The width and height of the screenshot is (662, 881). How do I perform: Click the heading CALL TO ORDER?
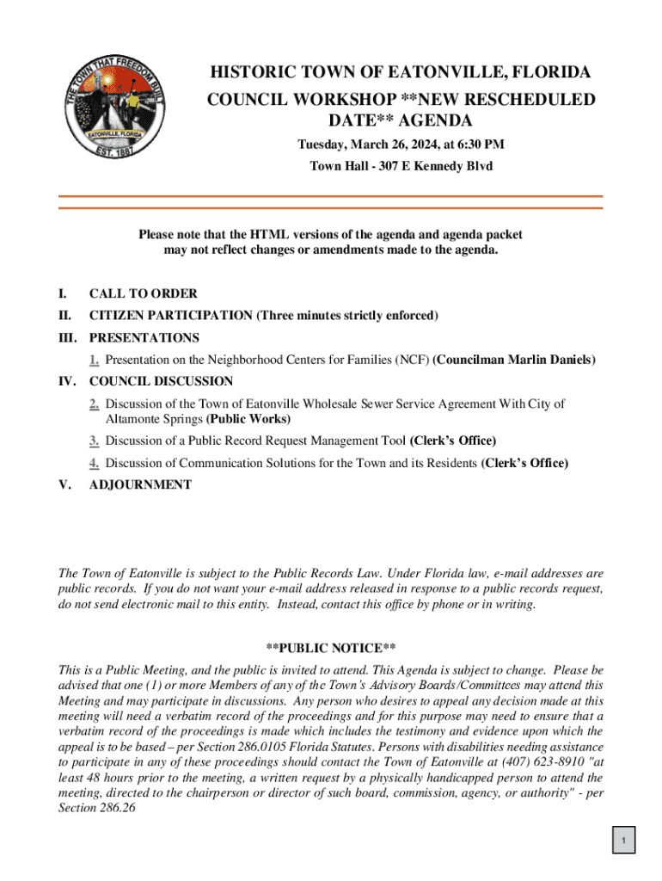coord(143,293)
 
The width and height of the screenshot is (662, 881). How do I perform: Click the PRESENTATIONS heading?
coord(144,338)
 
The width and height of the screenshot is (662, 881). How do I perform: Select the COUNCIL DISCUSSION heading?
coord(161,381)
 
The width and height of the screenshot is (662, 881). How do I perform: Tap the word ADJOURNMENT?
coord(140,485)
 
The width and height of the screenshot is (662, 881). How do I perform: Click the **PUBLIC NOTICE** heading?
coord(330,648)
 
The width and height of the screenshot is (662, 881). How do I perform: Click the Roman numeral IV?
coord(66,381)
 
